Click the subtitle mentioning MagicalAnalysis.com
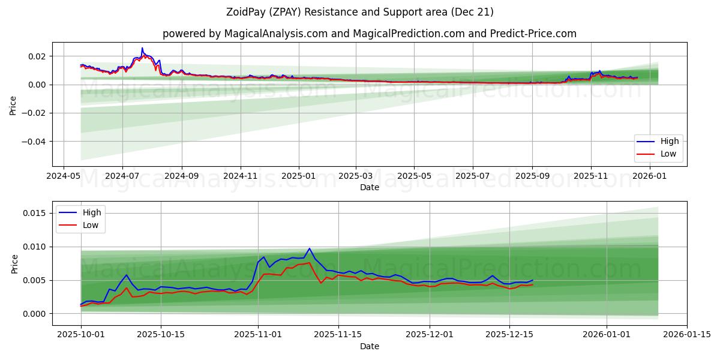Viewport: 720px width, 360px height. tap(369, 34)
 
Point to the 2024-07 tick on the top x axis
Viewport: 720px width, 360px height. tap(122, 177)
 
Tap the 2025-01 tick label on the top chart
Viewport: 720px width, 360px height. tap(298, 177)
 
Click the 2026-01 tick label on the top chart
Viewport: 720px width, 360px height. tap(650, 177)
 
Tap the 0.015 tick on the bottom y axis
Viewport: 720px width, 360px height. tap(34, 213)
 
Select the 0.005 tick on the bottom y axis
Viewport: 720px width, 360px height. tap(34, 280)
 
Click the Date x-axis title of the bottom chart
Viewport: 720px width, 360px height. tap(369, 346)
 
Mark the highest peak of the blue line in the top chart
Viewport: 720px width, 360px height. tap(142, 48)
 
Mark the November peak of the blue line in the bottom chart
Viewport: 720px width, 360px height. tap(310, 248)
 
